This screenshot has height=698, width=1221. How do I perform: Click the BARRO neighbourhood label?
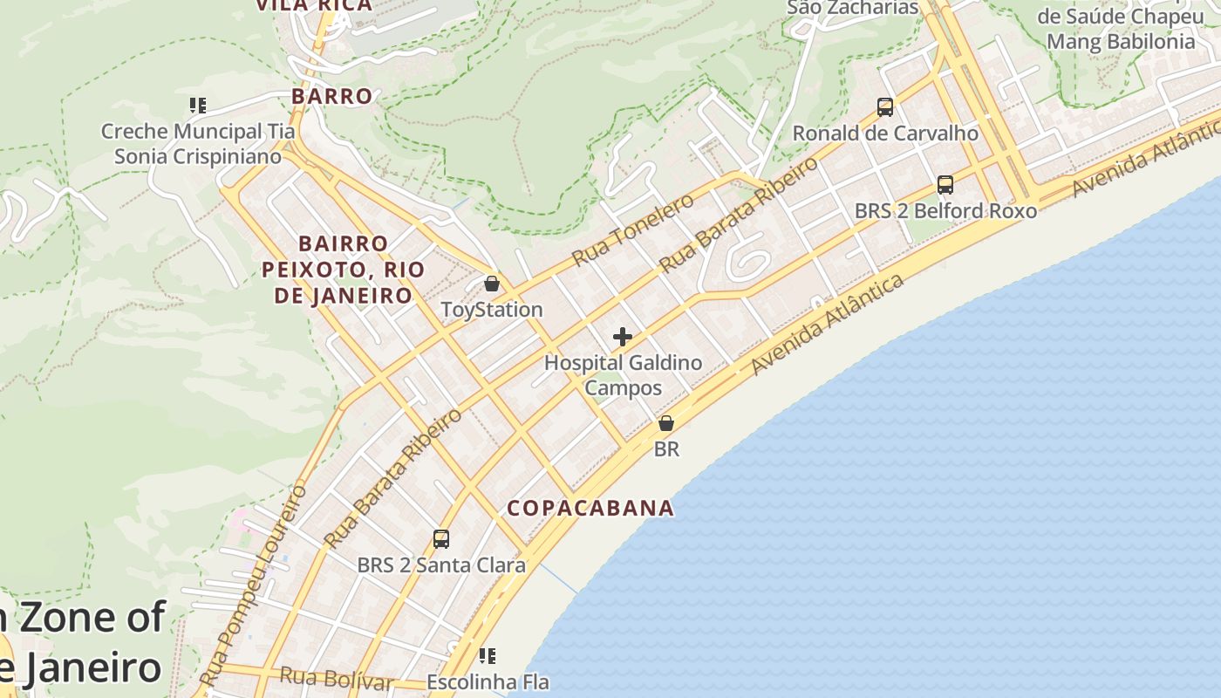pos(331,96)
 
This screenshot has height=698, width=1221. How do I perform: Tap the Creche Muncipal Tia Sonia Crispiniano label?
pos(198,144)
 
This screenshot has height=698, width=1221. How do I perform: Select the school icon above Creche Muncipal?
pos(198,106)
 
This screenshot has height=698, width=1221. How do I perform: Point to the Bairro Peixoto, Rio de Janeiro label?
pos(344,269)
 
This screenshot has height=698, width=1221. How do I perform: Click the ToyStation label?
pos(492,310)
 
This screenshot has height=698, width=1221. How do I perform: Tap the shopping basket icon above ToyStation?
pos(492,284)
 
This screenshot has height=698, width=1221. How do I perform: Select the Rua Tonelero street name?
pos(633,230)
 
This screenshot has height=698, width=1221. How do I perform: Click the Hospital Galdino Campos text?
pos(623,374)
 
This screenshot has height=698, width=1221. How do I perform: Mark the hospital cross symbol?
pos(623,337)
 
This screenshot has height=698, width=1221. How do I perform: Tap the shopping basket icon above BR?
pos(666,423)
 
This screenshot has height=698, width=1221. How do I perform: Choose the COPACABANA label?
pos(590,508)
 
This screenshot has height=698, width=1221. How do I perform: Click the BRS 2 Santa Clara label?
pos(441,565)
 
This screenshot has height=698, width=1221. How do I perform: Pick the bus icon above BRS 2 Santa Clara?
pos(441,539)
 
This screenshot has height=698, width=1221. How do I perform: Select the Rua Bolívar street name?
pos(337,678)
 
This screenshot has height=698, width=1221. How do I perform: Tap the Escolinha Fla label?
pos(488,681)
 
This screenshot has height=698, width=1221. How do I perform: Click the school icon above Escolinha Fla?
pos(488,655)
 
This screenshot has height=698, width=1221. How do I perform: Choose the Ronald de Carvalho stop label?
pos(885,133)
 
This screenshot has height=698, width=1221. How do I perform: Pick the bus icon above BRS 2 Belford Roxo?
pos(945,185)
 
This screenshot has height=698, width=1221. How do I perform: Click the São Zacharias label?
pos(853,8)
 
